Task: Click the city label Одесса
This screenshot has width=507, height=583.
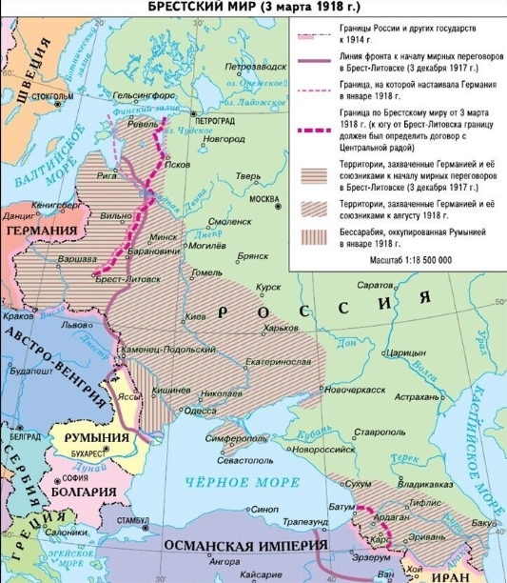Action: pyautogui.click(x=200, y=411)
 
